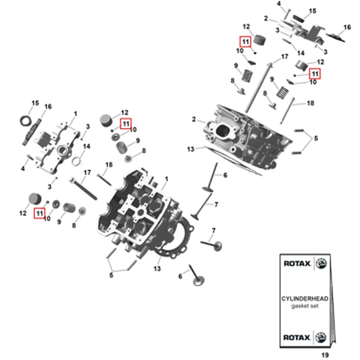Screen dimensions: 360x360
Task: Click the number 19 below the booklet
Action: [x=325, y=355]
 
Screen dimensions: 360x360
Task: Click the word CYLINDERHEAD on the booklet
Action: [x=305, y=299]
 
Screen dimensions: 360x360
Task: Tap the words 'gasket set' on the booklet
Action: [x=305, y=306]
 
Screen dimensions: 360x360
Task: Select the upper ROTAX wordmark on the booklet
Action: [x=297, y=264]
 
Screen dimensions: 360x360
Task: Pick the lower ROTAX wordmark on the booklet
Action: [x=297, y=337]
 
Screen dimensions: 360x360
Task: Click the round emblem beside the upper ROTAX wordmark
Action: [x=321, y=264]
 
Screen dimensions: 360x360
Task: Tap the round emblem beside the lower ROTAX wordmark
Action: [x=321, y=337]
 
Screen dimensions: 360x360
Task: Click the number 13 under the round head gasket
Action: [x=157, y=268]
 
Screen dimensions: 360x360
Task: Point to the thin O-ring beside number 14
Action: [x=76, y=161]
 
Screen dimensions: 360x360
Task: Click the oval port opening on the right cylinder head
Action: [x=222, y=131]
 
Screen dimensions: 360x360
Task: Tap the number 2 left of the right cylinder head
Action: [x=194, y=120]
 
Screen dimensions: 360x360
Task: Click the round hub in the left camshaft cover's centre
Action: [x=62, y=151]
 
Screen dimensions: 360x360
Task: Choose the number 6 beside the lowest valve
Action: [x=180, y=276]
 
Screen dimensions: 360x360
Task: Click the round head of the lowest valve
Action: [x=199, y=281]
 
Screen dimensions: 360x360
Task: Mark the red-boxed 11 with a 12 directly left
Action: [x=40, y=213]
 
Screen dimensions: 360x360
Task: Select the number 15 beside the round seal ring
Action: [x=35, y=103]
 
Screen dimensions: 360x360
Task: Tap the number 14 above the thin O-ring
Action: [x=86, y=146]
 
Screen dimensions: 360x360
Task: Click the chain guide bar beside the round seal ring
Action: [x=32, y=132]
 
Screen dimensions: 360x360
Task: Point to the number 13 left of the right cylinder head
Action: [x=191, y=149]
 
